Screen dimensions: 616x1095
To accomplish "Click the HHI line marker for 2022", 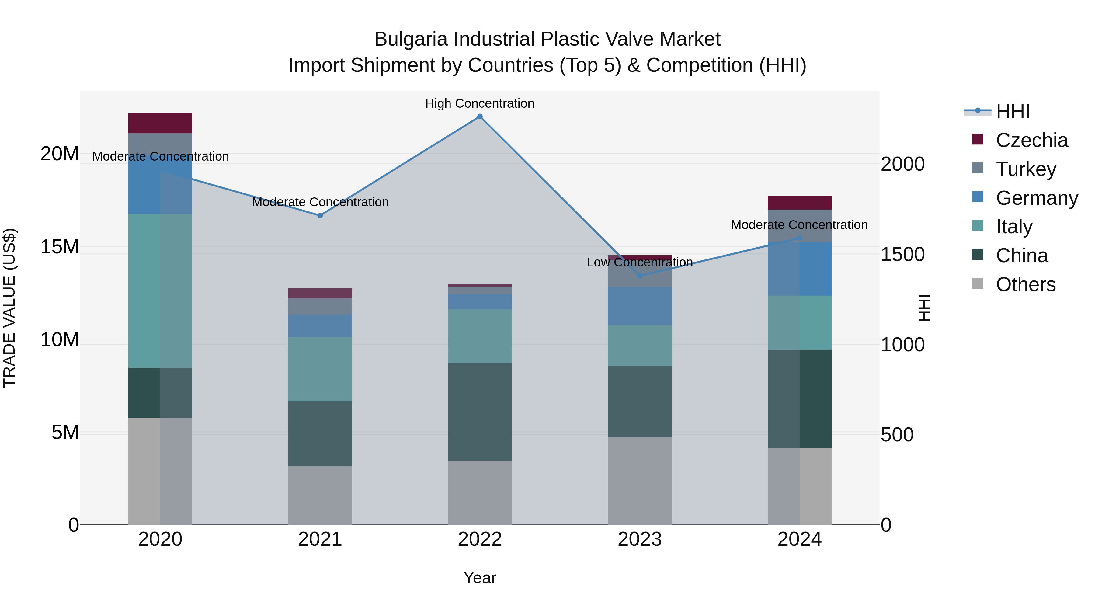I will coord(480,117).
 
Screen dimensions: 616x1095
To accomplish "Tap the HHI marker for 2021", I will coord(320,216).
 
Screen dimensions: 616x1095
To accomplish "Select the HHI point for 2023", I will coord(640,276).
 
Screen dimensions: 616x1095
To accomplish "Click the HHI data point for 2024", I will coord(800,238).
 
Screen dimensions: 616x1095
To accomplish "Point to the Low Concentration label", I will coord(639,262).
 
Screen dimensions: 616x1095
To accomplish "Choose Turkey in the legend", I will coord(1025,169).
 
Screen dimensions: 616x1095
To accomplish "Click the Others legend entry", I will coord(1025,284).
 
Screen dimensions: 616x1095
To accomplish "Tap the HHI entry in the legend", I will coord(1013,111).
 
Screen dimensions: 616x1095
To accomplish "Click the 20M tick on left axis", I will coord(60,154).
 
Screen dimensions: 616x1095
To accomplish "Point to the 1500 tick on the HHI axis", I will coord(902,254).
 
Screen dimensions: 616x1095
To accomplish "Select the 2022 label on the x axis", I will coord(480,539).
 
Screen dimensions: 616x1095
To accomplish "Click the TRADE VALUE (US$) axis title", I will coord(9,308).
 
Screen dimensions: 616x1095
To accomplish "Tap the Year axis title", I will coord(480,578).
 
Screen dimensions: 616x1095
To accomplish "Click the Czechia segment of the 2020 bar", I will coord(160,123).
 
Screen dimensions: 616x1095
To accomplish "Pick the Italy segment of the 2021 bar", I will coord(320,369).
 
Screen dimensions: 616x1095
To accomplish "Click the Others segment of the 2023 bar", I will coord(640,481).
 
